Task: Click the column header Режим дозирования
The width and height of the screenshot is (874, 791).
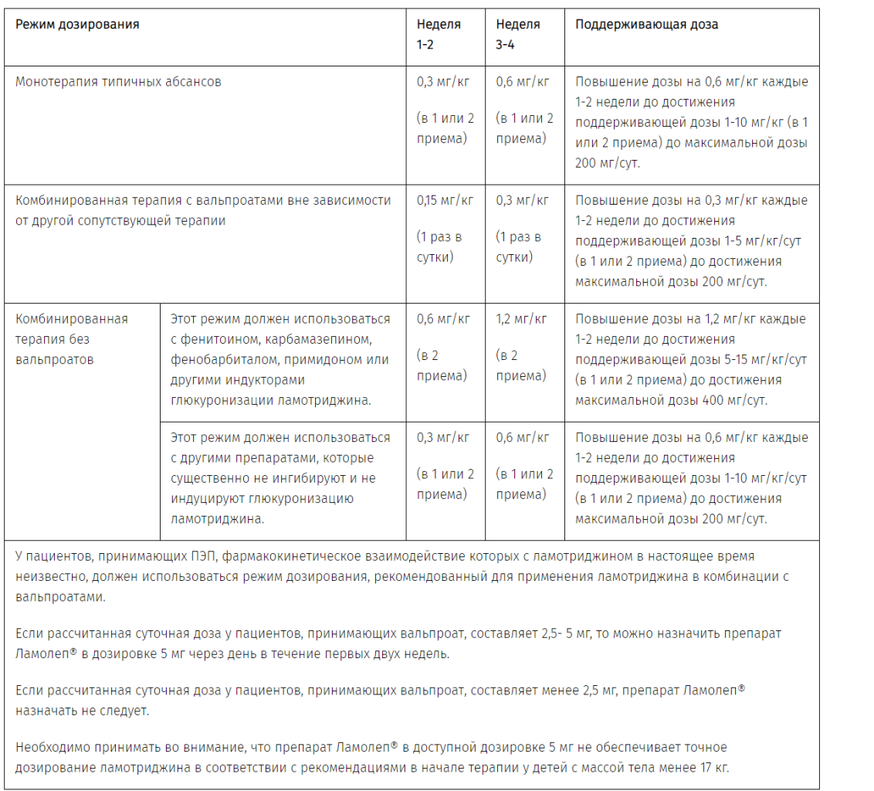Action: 77,24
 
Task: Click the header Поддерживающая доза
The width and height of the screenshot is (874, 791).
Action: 646,24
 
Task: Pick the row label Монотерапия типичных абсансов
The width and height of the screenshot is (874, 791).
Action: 118,81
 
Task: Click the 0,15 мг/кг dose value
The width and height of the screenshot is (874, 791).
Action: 445,200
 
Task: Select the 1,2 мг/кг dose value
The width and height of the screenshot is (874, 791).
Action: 521,318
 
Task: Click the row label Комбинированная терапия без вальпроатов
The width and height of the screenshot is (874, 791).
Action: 72,338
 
